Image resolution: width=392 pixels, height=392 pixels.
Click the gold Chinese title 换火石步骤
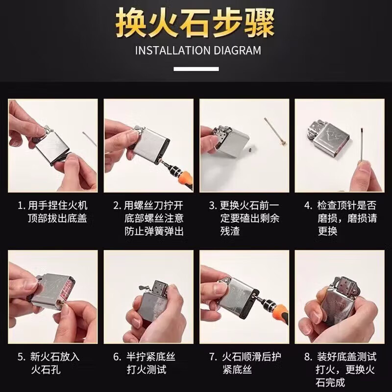click(x=195, y=23)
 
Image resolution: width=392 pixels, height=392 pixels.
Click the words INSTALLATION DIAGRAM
click(x=198, y=50)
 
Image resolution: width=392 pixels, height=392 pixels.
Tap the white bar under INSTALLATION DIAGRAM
click(x=196, y=69)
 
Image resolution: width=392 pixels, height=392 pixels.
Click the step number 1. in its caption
click(x=22, y=206)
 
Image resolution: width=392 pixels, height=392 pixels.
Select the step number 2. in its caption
click(x=117, y=206)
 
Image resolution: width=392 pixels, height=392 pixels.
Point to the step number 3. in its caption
click(x=213, y=206)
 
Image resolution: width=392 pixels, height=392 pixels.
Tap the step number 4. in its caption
click(x=308, y=206)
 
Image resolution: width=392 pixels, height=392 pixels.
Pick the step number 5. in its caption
click(x=22, y=357)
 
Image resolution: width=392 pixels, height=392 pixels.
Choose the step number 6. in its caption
click(x=117, y=357)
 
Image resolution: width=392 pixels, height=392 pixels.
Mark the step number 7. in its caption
click(x=213, y=357)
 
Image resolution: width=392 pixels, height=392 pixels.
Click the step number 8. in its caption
click(x=308, y=357)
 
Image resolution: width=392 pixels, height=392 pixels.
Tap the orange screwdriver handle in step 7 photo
click(x=279, y=311)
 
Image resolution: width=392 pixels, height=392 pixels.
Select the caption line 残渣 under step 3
click(x=230, y=231)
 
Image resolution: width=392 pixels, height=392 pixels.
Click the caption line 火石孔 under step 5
click(x=46, y=369)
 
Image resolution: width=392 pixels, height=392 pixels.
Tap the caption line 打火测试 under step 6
click(x=146, y=369)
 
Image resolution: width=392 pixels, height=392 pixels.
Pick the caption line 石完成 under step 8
click(x=330, y=383)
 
